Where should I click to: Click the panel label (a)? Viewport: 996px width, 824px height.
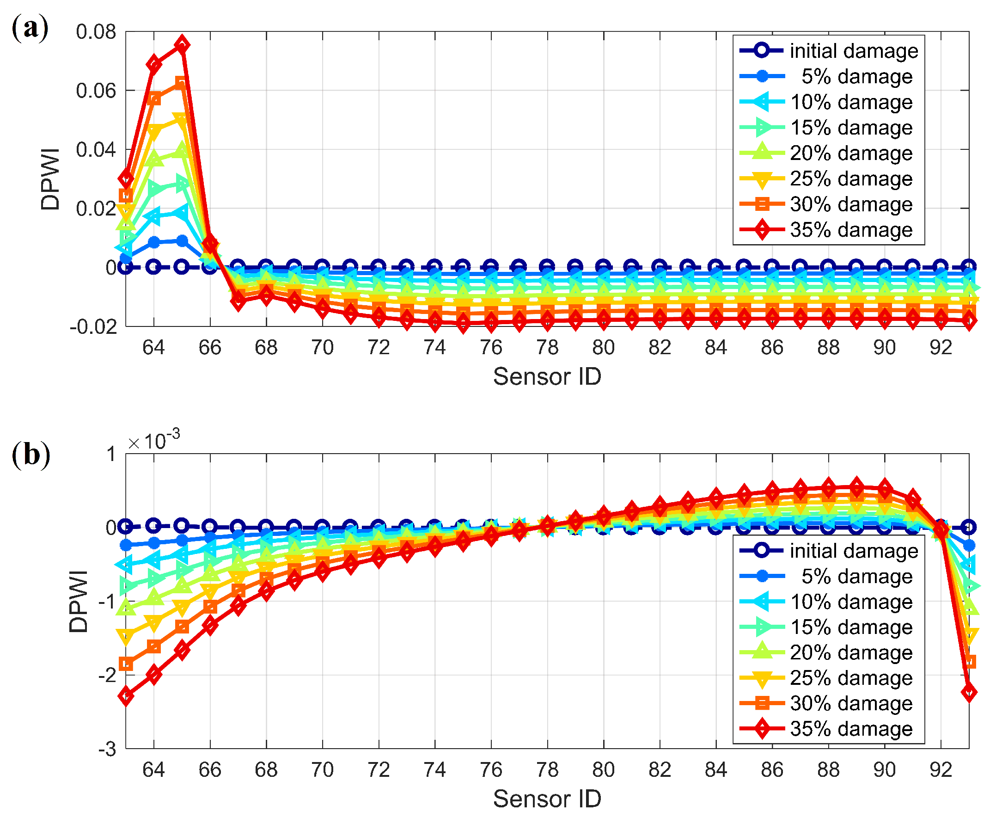tap(30, 28)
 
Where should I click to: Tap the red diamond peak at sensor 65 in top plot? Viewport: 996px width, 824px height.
tap(182, 45)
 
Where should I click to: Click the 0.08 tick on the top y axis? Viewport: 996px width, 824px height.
tap(96, 32)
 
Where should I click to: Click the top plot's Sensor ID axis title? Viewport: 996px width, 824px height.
tap(547, 376)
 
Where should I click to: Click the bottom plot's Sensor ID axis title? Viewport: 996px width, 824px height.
tap(547, 799)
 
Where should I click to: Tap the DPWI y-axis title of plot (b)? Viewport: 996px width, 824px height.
tap(78, 601)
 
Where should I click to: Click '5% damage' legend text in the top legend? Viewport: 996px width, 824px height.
tap(856, 76)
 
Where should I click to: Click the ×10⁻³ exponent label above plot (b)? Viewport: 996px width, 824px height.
tap(154, 441)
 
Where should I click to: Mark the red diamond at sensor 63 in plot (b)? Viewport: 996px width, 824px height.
tap(126, 696)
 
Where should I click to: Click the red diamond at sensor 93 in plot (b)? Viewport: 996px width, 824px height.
tap(969, 692)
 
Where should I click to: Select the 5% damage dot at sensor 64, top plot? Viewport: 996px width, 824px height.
tap(153, 242)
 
